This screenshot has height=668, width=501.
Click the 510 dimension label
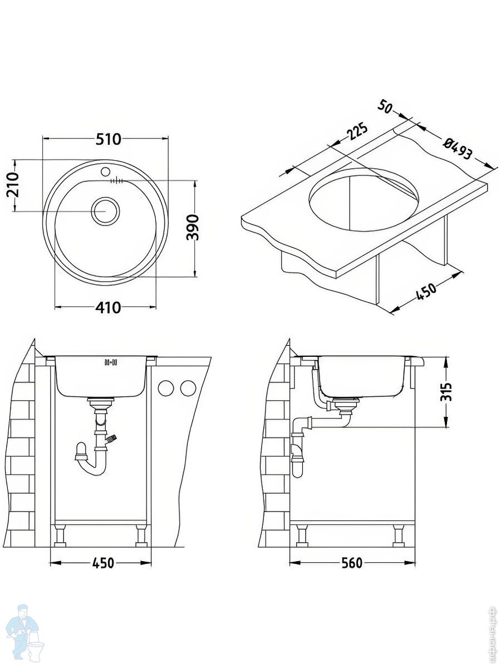point(107,139)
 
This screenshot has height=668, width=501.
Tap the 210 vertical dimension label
point(13,185)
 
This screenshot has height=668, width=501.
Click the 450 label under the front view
point(102,563)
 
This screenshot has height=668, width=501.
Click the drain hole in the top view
point(104,211)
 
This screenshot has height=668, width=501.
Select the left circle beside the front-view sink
point(166,388)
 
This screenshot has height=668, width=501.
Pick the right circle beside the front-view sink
point(188,388)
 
